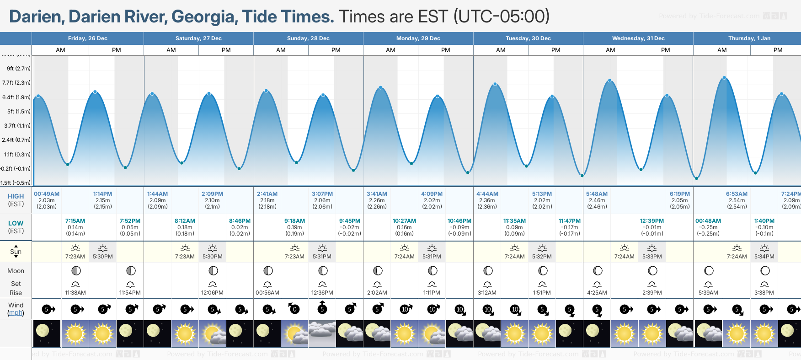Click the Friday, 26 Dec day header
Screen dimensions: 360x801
pyautogui.click(x=87, y=38)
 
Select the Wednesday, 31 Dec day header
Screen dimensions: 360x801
pyautogui.click(x=638, y=38)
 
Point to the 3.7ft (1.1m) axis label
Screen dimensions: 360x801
pyautogui.click(x=17, y=125)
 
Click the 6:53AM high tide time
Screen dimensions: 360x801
pyautogui.click(x=737, y=194)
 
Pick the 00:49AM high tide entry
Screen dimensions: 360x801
pyautogui.click(x=47, y=194)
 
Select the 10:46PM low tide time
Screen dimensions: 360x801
pyautogui.click(x=459, y=221)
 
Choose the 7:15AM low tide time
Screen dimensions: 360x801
pyautogui.click(x=75, y=221)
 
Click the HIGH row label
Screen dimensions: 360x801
pyautogui.click(x=16, y=196)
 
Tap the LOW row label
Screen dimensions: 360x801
pyautogui.click(x=16, y=223)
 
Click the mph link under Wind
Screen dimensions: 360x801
pyautogui.click(x=16, y=313)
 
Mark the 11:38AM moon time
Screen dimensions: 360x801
pyautogui.click(x=75, y=293)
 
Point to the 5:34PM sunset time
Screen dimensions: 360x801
pyautogui.click(x=764, y=257)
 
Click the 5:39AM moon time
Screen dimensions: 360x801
pyautogui.click(x=708, y=293)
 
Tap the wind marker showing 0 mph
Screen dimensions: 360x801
pyautogui.click(x=294, y=309)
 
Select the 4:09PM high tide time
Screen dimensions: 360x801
pyautogui.click(x=432, y=194)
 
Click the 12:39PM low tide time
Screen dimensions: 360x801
pyautogui.click(x=651, y=221)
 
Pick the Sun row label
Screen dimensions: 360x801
pyautogui.click(x=16, y=252)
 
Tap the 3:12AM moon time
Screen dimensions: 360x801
pyautogui.click(x=487, y=293)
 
